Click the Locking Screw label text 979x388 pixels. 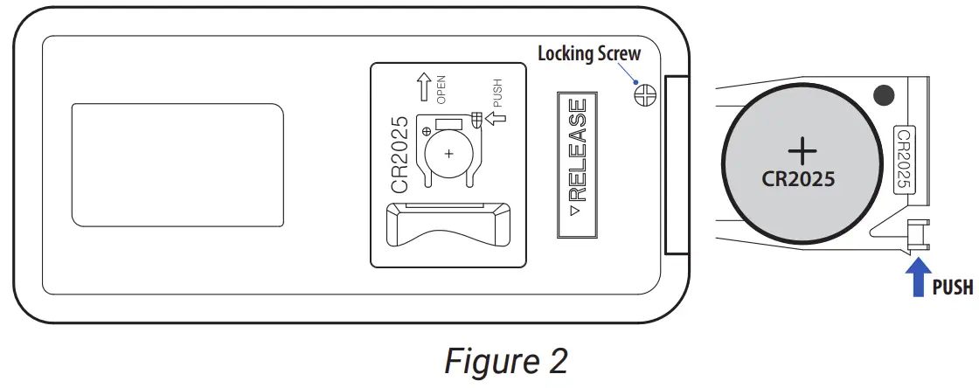click(588, 53)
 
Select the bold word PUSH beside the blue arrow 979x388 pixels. click(952, 287)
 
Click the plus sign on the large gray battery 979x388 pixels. click(802, 150)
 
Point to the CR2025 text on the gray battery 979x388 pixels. click(800, 179)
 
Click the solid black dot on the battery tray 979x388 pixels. click(883, 94)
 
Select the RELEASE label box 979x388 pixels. click(578, 162)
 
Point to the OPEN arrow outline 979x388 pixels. click(422, 87)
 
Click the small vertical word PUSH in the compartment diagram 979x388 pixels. click(497, 94)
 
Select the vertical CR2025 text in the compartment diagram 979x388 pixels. click(399, 155)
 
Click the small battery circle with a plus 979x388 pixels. click(448, 153)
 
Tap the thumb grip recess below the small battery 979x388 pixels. click(448, 225)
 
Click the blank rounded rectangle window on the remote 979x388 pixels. click(177, 163)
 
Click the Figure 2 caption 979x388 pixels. click(504, 360)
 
